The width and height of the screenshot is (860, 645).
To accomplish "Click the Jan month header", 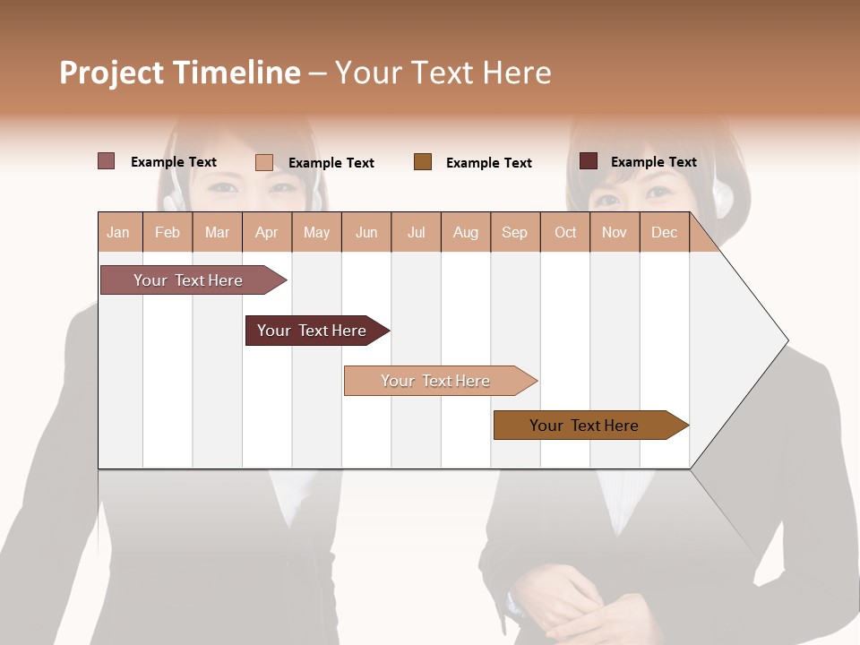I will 118,232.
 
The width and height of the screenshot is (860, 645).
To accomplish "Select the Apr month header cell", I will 267,232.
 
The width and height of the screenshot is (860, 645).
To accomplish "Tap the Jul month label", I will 416,232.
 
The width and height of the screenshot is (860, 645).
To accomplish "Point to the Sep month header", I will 514,232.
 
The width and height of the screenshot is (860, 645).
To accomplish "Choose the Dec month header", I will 664,232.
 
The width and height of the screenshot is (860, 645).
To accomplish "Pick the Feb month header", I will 168,232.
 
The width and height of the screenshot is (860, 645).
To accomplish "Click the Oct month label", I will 565,232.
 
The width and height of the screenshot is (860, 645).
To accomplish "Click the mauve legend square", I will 106,161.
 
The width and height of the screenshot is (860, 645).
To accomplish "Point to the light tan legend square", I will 263,162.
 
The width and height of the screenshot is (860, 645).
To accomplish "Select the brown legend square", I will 423,161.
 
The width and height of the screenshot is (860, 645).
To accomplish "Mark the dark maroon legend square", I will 589,161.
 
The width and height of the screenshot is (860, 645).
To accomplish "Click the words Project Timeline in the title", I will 180,73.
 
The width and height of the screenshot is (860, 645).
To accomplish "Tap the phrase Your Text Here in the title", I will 443,73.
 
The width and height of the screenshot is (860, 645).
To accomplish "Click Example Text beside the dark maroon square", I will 653,162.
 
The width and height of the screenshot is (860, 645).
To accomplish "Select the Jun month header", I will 366,232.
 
